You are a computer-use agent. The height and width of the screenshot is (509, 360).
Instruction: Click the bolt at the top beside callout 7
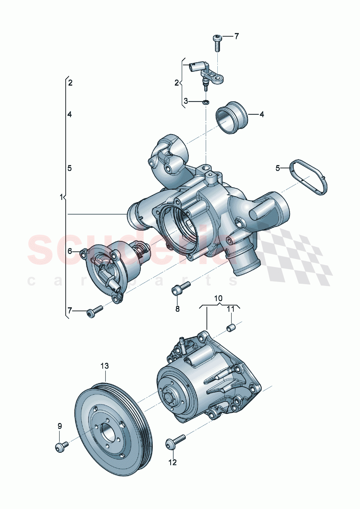click(217, 42)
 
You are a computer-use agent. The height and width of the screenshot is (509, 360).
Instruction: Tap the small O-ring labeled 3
click(205, 102)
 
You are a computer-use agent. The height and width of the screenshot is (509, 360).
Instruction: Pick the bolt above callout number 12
click(175, 442)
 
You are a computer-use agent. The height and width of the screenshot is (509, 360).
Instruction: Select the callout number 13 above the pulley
click(105, 366)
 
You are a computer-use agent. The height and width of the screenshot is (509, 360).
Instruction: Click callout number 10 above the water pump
click(218, 299)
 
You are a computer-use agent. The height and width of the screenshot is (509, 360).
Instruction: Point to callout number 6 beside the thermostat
click(70, 251)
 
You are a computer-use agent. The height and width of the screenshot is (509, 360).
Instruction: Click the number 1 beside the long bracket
click(61, 197)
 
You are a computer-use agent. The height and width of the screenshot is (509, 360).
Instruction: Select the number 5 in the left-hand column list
click(70, 168)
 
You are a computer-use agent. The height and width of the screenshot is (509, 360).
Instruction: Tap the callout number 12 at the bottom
click(172, 462)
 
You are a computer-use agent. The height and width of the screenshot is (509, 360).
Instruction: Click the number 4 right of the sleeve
click(262, 115)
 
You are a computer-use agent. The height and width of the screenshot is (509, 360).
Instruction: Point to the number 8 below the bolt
click(177, 309)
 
